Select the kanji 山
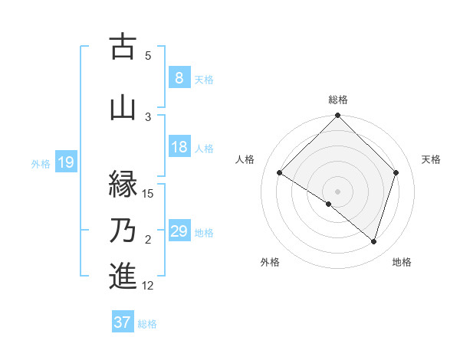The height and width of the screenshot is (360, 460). tap(123, 107)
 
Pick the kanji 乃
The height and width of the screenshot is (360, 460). tap(123, 231)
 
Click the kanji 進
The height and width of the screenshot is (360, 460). tap(123, 275)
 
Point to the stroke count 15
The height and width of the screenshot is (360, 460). tap(148, 193)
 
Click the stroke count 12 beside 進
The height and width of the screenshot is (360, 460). tap(148, 286)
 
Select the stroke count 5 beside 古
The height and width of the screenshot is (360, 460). tap(148, 55)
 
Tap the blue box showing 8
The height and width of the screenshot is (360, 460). tap(179, 77)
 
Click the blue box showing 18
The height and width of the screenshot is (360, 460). tap(179, 147)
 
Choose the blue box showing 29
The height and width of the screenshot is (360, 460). tap(179, 231)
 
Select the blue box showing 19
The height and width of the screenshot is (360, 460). tap(65, 162)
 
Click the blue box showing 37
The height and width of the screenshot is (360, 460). tap(122, 322)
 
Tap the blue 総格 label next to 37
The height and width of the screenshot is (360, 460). tap(147, 324)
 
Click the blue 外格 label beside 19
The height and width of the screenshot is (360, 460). tap(41, 163)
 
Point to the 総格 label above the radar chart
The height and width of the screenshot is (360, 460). tap(337, 100)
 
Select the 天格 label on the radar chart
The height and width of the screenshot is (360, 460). tap(431, 159)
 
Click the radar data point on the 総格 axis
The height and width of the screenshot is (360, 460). tap(337, 116)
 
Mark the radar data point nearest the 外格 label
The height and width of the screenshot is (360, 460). tap(329, 204)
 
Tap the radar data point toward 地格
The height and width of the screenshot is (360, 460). tap(373, 242)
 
